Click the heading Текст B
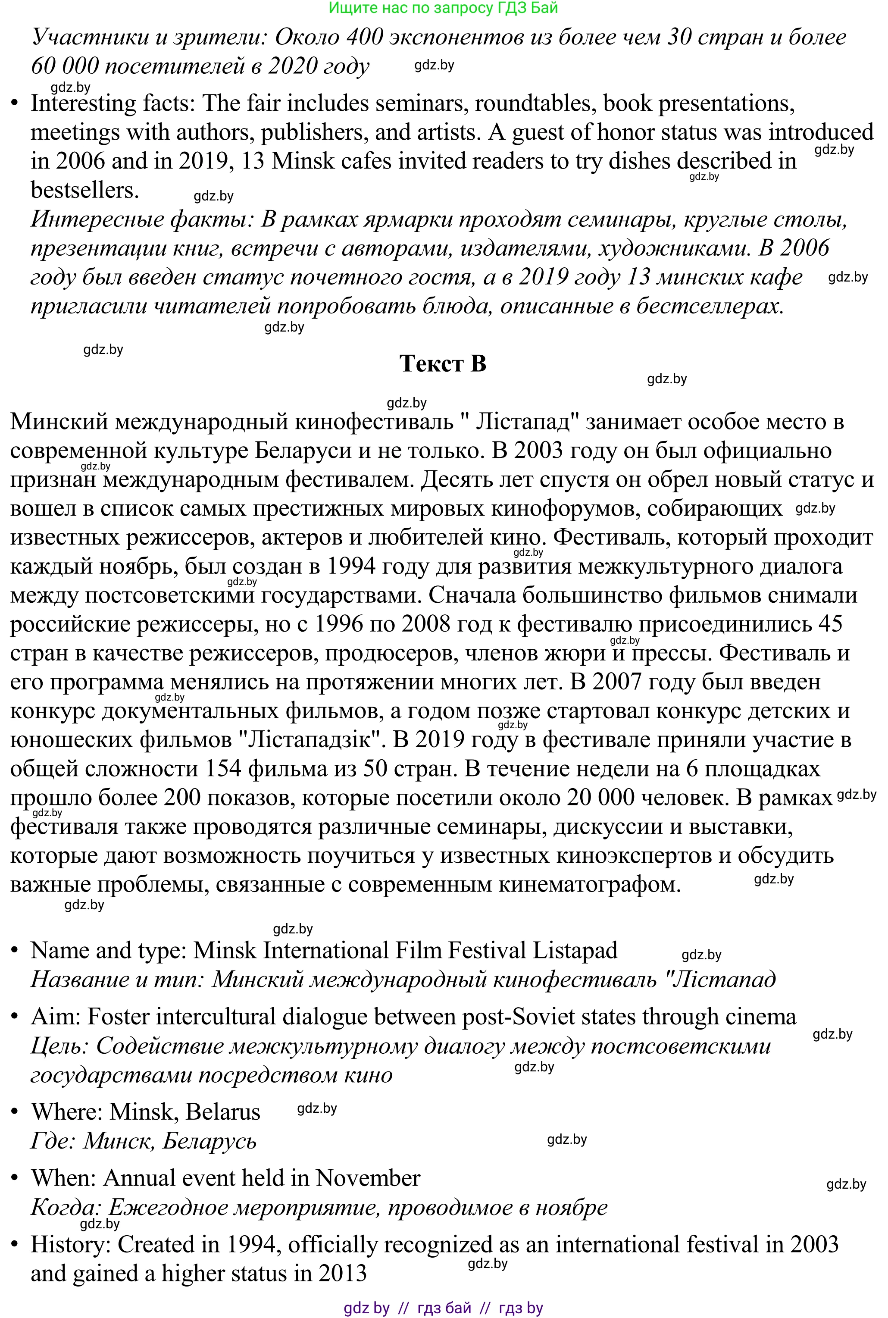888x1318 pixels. click(443, 363)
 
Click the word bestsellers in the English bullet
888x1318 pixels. click(85, 190)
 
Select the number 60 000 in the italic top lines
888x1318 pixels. click(64, 66)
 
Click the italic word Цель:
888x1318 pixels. click(59, 1046)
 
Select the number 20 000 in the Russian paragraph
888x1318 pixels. click(600, 798)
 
